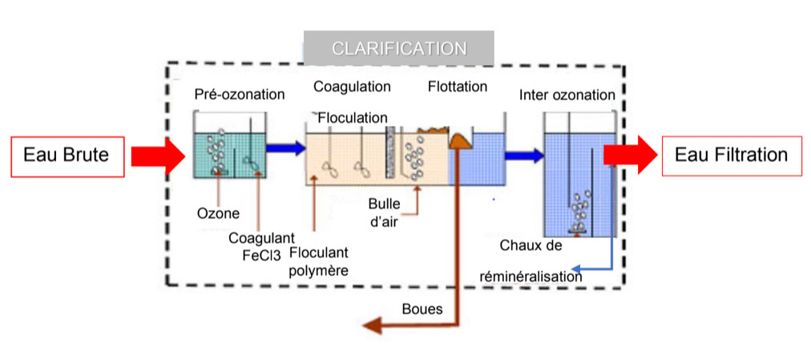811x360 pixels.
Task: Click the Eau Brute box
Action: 67,155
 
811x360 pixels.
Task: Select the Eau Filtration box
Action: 731,154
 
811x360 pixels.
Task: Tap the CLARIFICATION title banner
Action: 398,48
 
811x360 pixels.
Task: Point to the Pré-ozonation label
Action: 240,95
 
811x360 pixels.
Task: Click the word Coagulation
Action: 352,87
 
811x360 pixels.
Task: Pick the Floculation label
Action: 353,119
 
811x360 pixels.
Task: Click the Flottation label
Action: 458,87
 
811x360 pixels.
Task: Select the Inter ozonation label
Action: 567,95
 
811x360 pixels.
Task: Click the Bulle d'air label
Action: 384,212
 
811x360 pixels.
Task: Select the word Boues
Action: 422,309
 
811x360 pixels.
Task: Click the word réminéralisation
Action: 531,276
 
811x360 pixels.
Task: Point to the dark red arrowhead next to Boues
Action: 370,324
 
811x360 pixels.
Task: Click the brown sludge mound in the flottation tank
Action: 460,141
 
